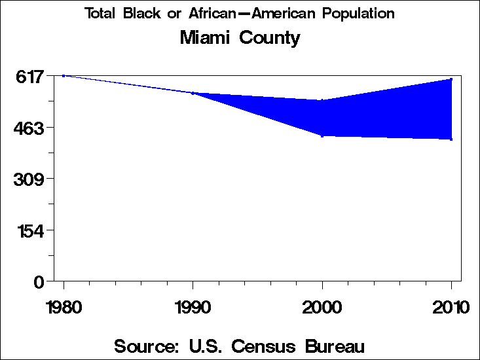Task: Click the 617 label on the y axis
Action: click(x=29, y=77)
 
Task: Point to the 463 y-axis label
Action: click(x=29, y=128)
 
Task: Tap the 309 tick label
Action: click(x=29, y=179)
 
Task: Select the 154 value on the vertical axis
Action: click(x=29, y=230)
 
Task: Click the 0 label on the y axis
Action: click(x=39, y=281)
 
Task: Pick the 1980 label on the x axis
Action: click(x=64, y=306)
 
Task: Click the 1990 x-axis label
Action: click(x=193, y=306)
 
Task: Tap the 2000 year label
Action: click(x=322, y=306)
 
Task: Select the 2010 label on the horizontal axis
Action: click(x=451, y=306)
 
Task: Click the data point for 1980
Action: click(x=64, y=76)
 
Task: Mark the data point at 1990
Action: click(x=193, y=93)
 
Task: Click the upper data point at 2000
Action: click(x=322, y=100)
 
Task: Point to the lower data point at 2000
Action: click(x=322, y=135)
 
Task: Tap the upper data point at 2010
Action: click(x=451, y=79)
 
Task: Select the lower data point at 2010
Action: click(x=451, y=139)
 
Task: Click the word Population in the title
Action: click(x=360, y=14)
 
